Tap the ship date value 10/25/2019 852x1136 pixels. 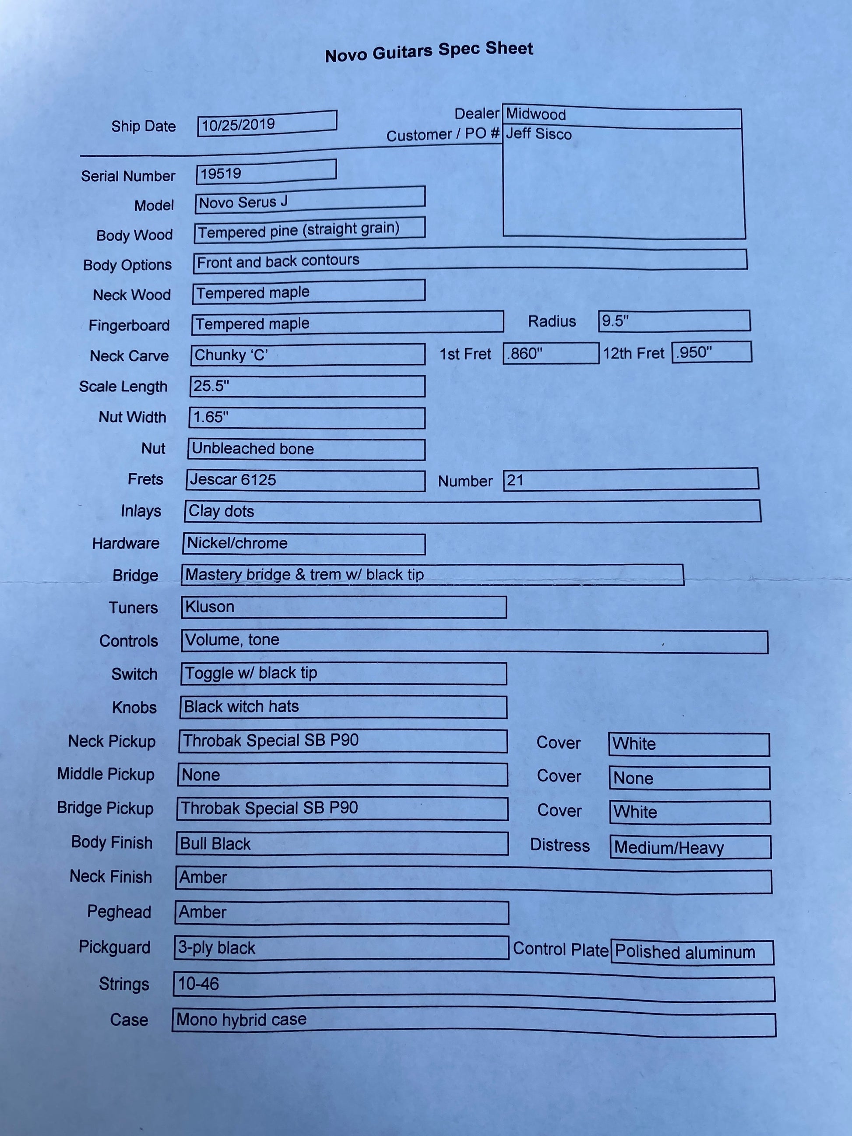click(x=238, y=125)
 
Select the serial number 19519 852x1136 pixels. click(x=221, y=174)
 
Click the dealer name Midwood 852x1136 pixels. click(x=535, y=114)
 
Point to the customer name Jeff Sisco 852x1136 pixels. click(x=538, y=134)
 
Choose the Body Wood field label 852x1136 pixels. click(x=134, y=235)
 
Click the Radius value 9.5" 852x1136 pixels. click(x=615, y=321)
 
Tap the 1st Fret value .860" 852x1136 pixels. click(x=525, y=354)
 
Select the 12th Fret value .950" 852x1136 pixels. click(x=694, y=352)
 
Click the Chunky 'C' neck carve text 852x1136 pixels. click(x=231, y=355)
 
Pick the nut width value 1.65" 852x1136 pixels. click(x=211, y=417)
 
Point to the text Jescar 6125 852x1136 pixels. click(x=232, y=480)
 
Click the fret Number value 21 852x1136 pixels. click(x=515, y=480)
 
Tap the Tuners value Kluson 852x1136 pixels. click(x=210, y=607)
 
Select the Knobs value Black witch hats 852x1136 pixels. click(x=241, y=707)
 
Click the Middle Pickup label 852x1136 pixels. click(x=106, y=774)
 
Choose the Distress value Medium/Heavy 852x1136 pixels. click(x=669, y=848)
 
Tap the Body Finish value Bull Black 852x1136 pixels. click(x=215, y=844)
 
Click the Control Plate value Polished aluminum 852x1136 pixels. click(x=685, y=952)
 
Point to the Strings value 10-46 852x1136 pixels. click(x=198, y=984)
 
